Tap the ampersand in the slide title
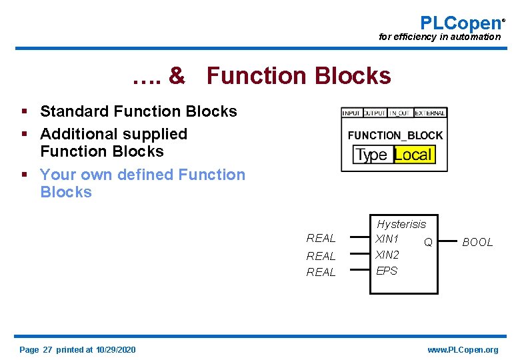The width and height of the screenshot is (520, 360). (177, 76)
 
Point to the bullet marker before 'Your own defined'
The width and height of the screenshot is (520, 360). (24, 175)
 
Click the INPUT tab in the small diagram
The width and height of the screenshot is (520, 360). (351, 113)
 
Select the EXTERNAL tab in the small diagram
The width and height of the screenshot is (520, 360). (430, 113)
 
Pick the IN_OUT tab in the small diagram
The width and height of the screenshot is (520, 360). (400, 113)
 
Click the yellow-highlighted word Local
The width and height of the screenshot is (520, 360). (413, 155)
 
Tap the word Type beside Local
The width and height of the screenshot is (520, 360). (371, 155)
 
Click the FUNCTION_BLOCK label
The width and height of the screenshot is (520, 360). (395, 135)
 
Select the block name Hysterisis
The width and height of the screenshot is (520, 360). (401, 224)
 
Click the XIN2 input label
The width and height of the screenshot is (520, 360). (387, 255)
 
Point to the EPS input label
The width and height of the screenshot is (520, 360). (387, 271)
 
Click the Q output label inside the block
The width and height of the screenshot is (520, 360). (429, 242)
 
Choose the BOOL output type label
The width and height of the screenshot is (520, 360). (477, 243)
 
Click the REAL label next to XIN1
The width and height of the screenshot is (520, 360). (321, 239)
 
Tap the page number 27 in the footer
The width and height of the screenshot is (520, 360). (47, 350)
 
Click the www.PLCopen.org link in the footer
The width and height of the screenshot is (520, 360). (463, 350)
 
